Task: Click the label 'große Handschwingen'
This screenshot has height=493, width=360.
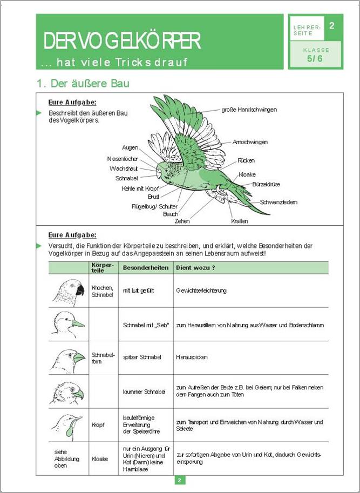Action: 249,110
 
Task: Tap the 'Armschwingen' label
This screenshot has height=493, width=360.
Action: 250,142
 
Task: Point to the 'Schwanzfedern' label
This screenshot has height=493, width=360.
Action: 279,202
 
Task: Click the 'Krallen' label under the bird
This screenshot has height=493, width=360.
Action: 240,221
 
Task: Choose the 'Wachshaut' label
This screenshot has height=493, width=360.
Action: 124,168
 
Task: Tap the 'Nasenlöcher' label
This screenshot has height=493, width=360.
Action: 123,159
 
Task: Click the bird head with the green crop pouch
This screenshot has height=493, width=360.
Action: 67,424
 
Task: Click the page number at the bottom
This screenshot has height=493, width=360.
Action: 180,480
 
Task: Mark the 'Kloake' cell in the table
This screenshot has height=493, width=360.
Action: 100,458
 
